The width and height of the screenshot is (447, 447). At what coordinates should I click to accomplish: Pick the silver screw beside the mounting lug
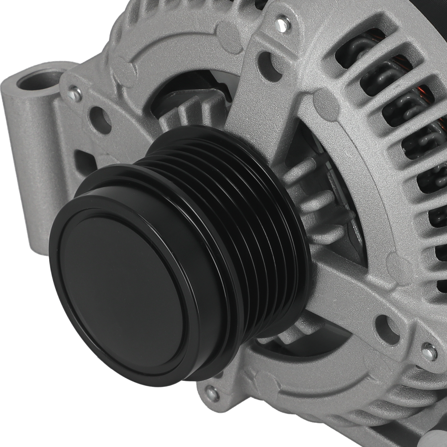[x=75, y=94]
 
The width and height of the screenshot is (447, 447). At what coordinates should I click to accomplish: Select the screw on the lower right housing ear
[x=429, y=352]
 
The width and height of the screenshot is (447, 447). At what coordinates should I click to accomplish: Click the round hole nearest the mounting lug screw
[x=100, y=119]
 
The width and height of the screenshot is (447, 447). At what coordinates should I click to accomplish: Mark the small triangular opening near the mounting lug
[x=85, y=161]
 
